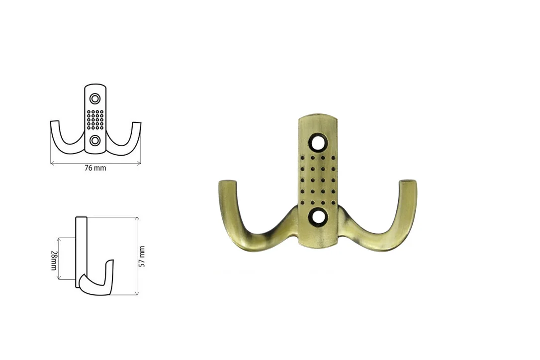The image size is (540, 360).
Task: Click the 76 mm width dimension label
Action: click(95, 168)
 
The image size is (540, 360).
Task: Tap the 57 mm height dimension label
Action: click(142, 256)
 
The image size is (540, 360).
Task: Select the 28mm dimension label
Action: click(53, 260)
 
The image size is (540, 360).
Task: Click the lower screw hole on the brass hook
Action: click(318, 217)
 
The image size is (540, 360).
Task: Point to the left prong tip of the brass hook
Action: click(227, 181)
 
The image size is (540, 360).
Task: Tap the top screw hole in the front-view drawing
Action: click(95, 99)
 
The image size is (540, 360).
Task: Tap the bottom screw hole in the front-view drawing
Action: click(95, 140)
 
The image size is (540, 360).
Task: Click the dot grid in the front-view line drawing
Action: click(95, 119)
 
